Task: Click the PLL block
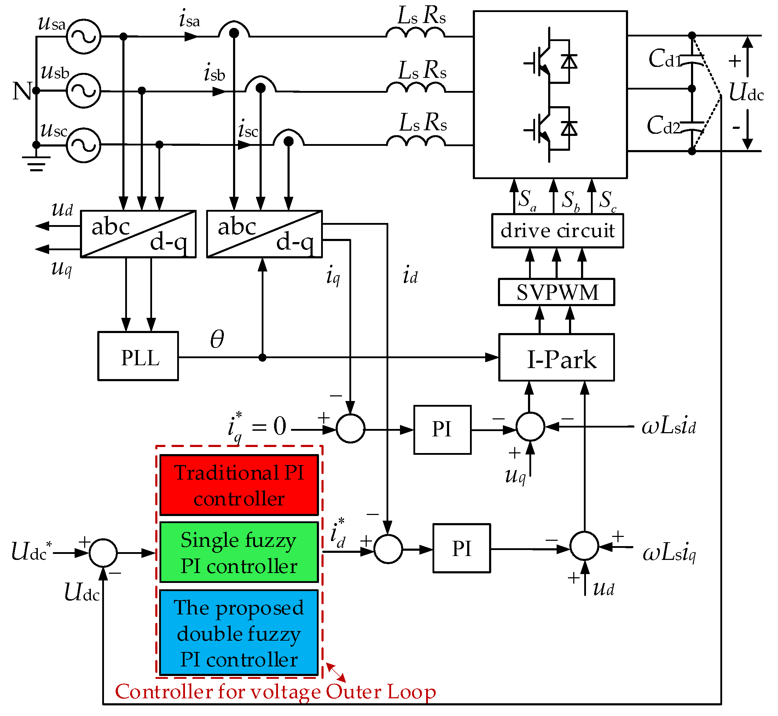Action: pyautogui.click(x=138, y=356)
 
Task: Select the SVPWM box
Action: pyautogui.click(x=556, y=292)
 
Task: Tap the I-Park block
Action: pyautogui.click(x=556, y=357)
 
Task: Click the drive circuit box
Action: pyautogui.click(x=557, y=230)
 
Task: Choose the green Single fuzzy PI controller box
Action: pyautogui.click(x=239, y=552)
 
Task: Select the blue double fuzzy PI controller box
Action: pyautogui.click(x=239, y=632)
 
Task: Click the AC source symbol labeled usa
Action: pyautogui.click(x=83, y=36)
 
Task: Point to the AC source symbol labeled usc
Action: pyautogui.click(x=83, y=145)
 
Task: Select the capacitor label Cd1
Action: pyautogui.click(x=665, y=59)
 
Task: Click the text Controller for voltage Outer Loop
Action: pyautogui.click(x=275, y=692)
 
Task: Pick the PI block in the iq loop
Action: pyautogui.click(x=442, y=430)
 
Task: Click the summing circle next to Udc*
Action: pyautogui.click(x=103, y=553)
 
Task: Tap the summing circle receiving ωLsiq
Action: pyautogui.click(x=585, y=546)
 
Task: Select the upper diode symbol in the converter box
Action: pyautogui.click(x=569, y=62)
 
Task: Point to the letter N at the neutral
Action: pyautogui.click(x=22, y=91)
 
